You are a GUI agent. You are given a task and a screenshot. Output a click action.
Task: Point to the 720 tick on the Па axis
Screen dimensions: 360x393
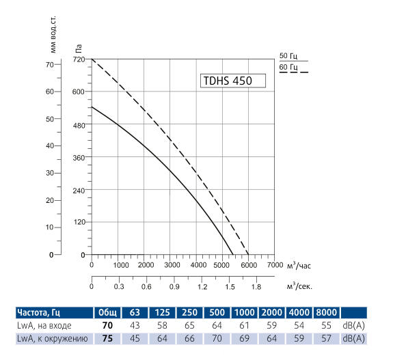coord(79,59)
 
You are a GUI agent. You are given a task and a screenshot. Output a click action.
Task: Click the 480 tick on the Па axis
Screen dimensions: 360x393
coord(79,125)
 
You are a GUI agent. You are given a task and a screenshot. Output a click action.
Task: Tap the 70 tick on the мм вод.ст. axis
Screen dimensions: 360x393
coord(49,64)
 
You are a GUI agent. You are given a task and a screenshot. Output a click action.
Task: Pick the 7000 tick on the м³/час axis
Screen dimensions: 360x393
coord(275,264)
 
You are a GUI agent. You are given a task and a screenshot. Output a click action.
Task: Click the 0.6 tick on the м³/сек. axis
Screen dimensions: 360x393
coord(146,288)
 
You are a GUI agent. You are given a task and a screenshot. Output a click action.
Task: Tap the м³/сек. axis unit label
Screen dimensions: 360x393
coord(299,287)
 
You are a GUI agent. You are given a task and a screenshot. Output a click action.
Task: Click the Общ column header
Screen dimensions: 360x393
coord(107,313)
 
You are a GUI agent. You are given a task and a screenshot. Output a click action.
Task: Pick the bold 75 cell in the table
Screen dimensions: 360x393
coord(107,338)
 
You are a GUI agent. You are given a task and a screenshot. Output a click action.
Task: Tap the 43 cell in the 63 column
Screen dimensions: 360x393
coord(135,326)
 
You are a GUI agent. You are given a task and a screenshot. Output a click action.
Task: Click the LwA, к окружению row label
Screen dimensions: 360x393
coord(51,338)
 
